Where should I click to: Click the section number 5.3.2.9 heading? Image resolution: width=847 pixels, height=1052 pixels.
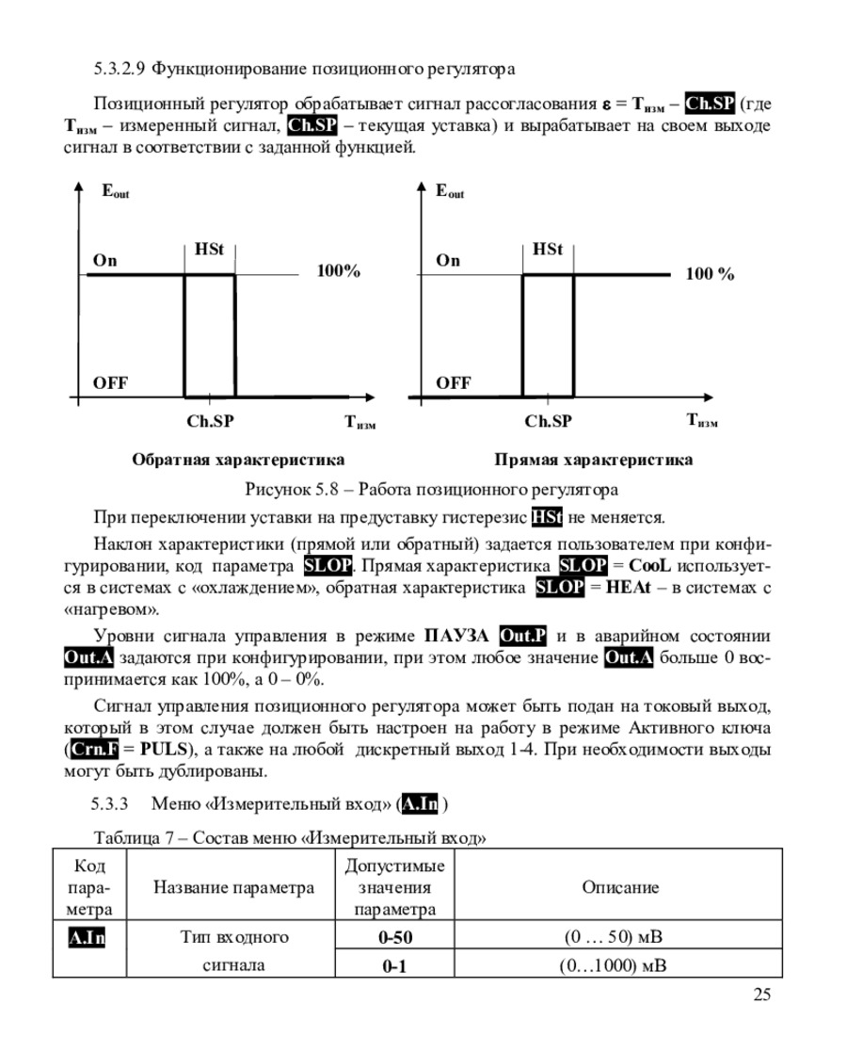click(x=120, y=69)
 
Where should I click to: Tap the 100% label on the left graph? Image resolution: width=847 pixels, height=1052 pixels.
click(x=338, y=272)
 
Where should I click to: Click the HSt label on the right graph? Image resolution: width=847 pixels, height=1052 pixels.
click(x=547, y=250)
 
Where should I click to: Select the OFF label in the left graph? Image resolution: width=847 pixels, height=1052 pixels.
click(x=110, y=382)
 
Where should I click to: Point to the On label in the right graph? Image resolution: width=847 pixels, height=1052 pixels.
click(x=448, y=261)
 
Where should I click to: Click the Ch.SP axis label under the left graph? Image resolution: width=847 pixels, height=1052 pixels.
click(x=210, y=421)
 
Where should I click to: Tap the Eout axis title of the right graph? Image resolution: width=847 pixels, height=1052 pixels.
click(x=450, y=191)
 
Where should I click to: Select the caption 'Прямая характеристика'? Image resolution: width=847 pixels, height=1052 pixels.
click(x=593, y=460)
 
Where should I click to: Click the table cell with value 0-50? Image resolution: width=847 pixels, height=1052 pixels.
click(x=395, y=937)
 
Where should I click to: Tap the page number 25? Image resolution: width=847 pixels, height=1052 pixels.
click(x=762, y=995)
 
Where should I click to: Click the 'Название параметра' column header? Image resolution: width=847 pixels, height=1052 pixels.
click(x=233, y=887)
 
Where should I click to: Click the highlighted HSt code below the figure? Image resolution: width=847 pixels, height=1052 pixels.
click(x=547, y=517)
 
